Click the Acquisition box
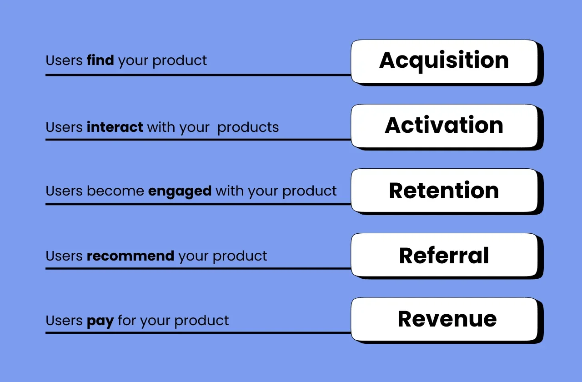(x=444, y=61)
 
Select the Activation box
(x=444, y=126)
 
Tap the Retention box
(x=444, y=191)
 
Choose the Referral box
(x=444, y=255)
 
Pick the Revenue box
(x=444, y=319)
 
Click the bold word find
(x=100, y=60)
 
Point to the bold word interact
(x=115, y=127)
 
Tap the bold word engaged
(x=180, y=191)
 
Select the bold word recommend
(x=130, y=256)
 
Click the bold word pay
(x=100, y=321)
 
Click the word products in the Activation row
(x=248, y=128)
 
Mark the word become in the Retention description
(x=115, y=191)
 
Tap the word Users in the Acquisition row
(x=64, y=60)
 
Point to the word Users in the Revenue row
(x=64, y=321)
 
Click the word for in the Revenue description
(x=127, y=321)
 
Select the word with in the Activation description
(x=161, y=127)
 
